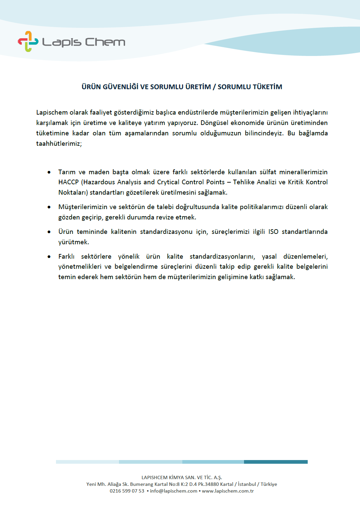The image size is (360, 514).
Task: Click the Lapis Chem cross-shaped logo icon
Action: point(28,42)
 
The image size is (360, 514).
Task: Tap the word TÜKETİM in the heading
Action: point(267,87)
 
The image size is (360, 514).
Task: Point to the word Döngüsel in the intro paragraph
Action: point(214,123)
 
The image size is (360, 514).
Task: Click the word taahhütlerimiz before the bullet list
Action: point(58,143)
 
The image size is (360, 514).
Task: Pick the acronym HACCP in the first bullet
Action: point(68,182)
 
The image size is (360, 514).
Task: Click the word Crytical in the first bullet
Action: point(168,182)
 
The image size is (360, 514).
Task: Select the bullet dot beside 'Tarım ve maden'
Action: point(49,172)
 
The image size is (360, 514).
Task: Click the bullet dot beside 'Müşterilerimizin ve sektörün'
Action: point(49,207)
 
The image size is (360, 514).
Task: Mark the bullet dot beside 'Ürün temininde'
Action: point(49,232)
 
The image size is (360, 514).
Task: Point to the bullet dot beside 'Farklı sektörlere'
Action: point(49,257)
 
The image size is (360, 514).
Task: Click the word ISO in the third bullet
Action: point(273,232)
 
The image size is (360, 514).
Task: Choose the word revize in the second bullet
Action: point(165,217)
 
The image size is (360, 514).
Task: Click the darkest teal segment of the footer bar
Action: point(276,462)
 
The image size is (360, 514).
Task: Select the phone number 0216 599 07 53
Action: point(127,491)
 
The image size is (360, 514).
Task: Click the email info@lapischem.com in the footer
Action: point(174,491)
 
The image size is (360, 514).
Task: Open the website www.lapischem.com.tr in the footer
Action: point(228,491)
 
